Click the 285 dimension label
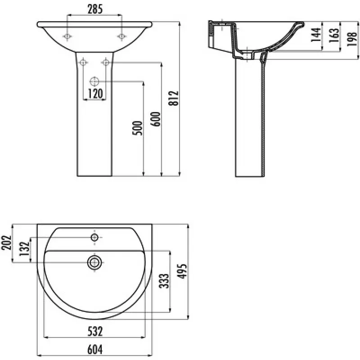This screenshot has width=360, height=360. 95,9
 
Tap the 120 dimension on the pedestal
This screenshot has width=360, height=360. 95,93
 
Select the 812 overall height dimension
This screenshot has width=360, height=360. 173,98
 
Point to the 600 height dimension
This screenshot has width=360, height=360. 155,119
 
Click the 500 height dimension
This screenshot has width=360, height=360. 138,128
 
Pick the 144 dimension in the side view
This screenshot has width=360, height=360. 316,35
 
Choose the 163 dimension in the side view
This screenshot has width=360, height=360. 333,35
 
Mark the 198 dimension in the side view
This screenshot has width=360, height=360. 352,39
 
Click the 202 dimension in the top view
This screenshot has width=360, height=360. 6,242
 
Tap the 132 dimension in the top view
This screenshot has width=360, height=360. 24,249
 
